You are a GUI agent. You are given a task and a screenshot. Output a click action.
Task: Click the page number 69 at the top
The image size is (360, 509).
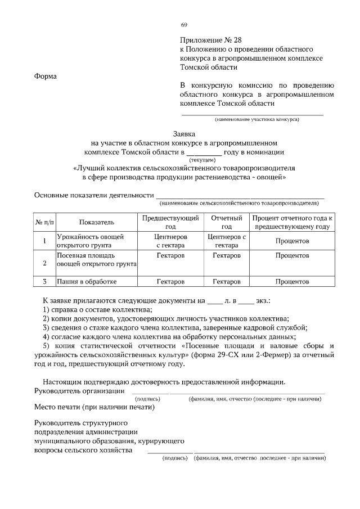click(184, 25)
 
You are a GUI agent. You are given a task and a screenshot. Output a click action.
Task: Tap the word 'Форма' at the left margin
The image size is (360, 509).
click(46, 77)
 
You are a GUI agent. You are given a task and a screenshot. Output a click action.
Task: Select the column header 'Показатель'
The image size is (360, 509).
click(96, 222)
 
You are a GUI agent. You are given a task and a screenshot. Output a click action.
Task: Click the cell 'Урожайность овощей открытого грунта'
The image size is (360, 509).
click(90, 241)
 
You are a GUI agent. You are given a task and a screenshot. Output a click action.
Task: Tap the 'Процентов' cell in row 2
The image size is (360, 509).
click(291, 255)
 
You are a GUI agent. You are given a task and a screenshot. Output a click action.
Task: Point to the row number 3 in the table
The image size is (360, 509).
click(44, 281)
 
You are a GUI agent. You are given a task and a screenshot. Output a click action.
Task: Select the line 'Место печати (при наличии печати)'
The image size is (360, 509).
click(94, 407)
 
